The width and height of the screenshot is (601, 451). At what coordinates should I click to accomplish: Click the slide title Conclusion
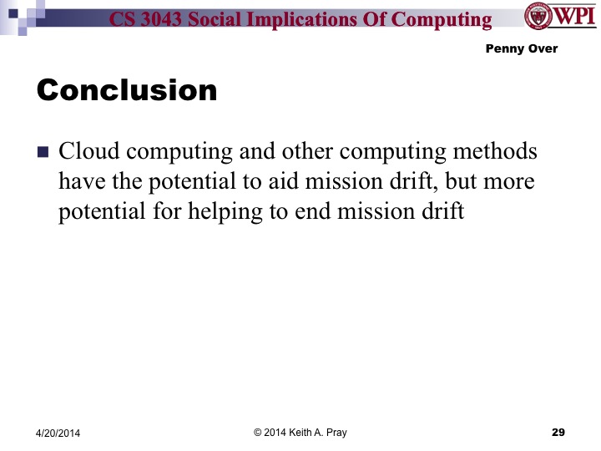tap(127, 89)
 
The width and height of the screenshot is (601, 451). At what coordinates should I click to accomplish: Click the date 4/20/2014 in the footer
tap(64, 433)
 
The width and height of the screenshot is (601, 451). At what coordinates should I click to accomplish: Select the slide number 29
tap(558, 432)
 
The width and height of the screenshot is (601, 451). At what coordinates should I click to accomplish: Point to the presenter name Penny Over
tap(521, 48)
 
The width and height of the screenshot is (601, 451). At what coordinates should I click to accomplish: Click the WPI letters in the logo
tap(576, 17)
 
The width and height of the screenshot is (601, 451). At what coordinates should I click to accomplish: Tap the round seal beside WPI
tap(537, 16)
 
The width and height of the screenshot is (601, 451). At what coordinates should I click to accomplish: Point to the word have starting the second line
tap(81, 182)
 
